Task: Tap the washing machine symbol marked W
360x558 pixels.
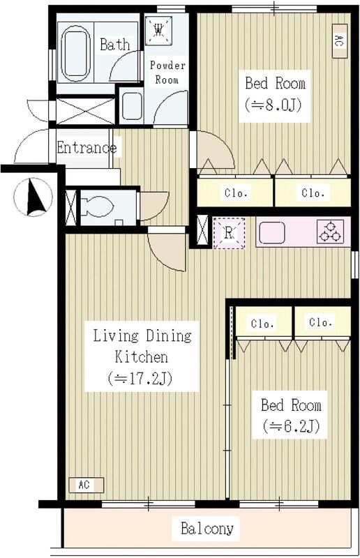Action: coord(159,30)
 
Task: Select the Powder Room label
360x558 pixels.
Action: coord(167,73)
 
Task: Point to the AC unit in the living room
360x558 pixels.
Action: coord(87,485)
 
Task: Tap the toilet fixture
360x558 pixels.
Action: coord(96,207)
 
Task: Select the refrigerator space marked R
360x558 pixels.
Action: coord(229,233)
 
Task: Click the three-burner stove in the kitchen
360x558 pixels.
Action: coord(331,232)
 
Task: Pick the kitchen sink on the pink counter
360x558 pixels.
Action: coord(272,233)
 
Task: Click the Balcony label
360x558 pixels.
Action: coord(207,529)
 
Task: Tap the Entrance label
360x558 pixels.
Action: coord(87,148)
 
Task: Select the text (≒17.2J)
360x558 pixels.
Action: coord(140,378)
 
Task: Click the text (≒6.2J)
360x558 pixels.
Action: coord(290,426)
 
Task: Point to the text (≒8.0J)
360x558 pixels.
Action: coord(273,105)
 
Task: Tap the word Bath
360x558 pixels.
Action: coord(114,45)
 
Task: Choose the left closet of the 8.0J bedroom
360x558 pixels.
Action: coord(235,193)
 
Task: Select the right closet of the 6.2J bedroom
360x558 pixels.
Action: coord(322,322)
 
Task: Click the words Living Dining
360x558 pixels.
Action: coord(142,336)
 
